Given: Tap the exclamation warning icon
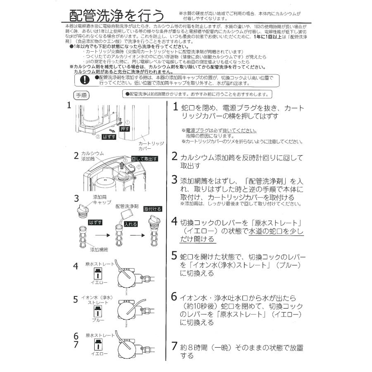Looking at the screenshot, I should [x=84, y=80].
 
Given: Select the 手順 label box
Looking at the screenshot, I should [x=80, y=95].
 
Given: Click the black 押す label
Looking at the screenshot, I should [x=124, y=129].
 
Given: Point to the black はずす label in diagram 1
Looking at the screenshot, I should [x=108, y=136].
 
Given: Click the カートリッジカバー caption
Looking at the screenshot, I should [x=151, y=145].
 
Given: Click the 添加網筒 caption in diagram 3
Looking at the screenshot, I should [x=100, y=250].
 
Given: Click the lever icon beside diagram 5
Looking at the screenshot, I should [x=98, y=310].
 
